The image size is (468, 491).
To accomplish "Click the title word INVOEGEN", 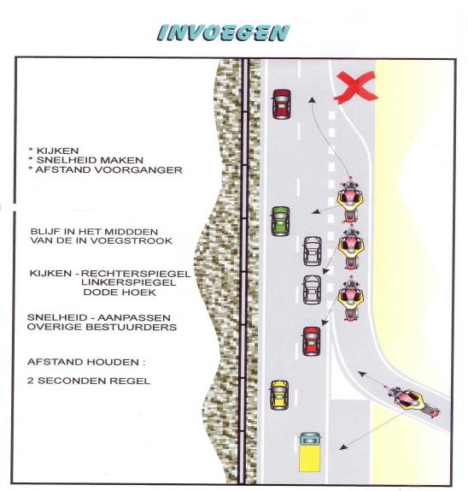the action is [x=223, y=33].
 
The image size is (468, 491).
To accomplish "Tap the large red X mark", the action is [x=355, y=87].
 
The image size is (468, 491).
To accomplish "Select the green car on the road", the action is [x=280, y=221].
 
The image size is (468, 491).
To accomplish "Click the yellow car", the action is [x=279, y=395].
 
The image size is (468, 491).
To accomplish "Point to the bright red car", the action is [x=312, y=341].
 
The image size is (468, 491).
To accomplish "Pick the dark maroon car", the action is [x=282, y=104].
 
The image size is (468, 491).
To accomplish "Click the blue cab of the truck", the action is [x=310, y=439].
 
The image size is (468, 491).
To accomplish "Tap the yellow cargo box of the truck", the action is [x=309, y=458].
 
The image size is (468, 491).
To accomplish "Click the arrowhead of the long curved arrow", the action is [x=312, y=99].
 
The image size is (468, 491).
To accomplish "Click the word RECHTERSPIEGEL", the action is [x=136, y=274].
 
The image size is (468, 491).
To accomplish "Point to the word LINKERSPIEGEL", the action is [x=128, y=282].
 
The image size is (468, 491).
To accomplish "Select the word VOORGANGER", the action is [x=132, y=170].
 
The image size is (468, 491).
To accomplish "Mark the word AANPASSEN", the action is [x=134, y=317].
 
